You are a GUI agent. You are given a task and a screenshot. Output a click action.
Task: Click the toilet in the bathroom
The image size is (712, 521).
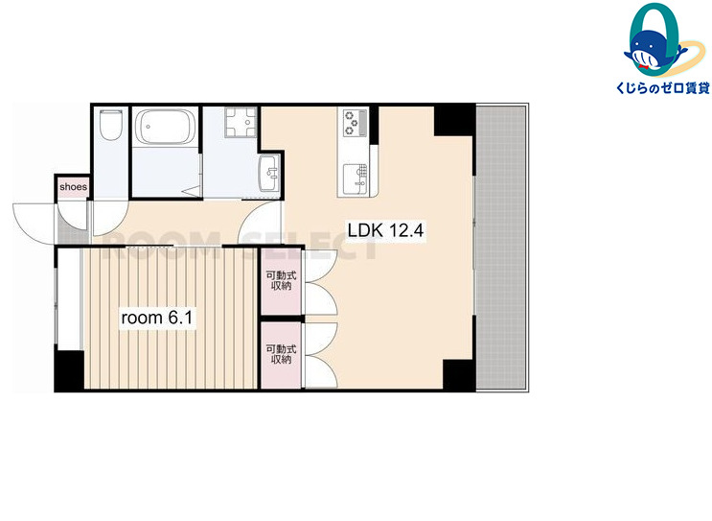(x=111, y=125)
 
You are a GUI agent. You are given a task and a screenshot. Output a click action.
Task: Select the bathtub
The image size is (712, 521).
(x=166, y=127)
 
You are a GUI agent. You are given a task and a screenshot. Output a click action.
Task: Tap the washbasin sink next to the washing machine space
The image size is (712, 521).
(x=269, y=173)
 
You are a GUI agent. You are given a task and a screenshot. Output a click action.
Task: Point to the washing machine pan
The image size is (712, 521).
(x=241, y=122)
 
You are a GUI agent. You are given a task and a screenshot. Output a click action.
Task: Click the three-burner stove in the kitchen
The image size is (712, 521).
(x=356, y=122)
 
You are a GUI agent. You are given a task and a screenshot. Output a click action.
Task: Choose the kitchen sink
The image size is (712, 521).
(x=355, y=178)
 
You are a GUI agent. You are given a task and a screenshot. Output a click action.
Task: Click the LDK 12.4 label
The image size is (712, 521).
(x=385, y=230)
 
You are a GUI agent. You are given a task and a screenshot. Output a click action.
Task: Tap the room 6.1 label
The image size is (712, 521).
(x=157, y=318)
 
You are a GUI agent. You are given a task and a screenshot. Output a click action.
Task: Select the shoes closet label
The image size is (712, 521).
(x=73, y=187)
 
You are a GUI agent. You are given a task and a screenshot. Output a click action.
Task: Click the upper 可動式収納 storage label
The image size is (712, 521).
(x=281, y=280)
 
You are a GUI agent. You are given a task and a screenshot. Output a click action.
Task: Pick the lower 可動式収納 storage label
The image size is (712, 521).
(x=281, y=354)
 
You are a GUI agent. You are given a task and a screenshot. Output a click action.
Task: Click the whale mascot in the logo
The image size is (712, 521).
(x=653, y=52)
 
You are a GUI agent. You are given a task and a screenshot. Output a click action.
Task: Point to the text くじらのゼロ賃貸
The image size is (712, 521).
(x=662, y=87)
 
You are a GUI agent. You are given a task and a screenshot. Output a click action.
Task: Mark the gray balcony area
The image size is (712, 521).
(x=502, y=248)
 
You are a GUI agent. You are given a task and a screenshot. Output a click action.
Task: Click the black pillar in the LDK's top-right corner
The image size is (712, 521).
(x=454, y=120)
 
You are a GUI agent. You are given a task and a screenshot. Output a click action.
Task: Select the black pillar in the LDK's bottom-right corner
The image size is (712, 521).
(x=459, y=374)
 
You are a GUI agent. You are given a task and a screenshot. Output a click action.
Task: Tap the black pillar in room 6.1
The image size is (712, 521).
(x=70, y=370)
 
